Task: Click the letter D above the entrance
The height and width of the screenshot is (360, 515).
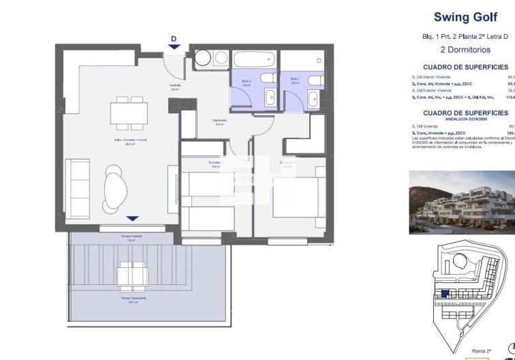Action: tap(174, 39)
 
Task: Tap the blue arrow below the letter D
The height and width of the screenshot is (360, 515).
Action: tap(174, 46)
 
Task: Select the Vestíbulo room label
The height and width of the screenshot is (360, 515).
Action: tap(175, 87)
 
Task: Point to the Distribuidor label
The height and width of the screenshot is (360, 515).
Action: tap(219, 122)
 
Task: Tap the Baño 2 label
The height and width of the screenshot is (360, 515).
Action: tap(247, 82)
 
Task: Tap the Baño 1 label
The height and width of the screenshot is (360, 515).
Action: tap(294, 80)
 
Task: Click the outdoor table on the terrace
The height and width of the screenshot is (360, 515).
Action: tap(132, 275)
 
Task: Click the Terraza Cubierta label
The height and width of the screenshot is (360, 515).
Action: tap(132, 236)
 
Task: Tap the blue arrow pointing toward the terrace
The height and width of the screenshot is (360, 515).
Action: tap(133, 218)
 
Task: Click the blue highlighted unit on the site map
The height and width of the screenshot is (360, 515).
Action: tap(444, 295)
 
